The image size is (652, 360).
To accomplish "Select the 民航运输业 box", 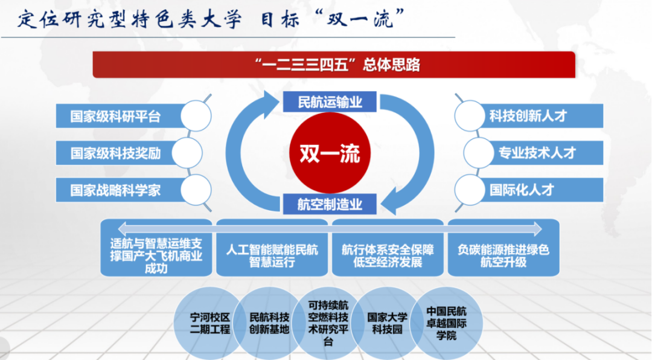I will tap(330, 102).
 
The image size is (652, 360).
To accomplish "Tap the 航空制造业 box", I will tap(330, 204).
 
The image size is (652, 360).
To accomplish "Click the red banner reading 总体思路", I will tap(333, 65).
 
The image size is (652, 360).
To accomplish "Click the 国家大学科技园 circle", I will tap(388, 324).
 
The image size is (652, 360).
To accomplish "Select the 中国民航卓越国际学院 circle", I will tap(447, 323).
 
